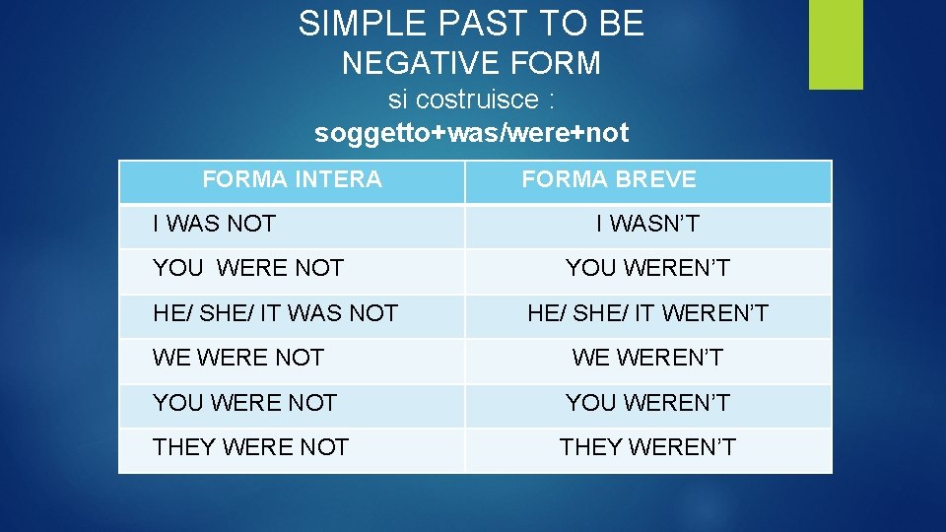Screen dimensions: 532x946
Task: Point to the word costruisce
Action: coord(477,100)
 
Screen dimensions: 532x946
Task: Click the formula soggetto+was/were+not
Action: coord(471,133)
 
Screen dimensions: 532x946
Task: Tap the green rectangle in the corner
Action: coord(836,43)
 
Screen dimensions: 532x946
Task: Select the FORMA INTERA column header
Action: coord(292,179)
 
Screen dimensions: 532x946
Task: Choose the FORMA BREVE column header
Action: coord(609,179)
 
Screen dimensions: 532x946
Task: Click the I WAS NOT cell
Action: coord(214,224)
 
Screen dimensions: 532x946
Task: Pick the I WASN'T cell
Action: coord(647,224)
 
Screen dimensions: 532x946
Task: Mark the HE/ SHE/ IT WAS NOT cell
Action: coord(275,313)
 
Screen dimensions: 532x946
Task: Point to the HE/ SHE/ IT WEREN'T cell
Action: coord(647,313)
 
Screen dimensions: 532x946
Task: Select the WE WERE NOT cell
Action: coord(238,358)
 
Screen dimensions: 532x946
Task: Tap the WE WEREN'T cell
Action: coord(647,358)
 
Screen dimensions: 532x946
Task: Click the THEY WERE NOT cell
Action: coord(250,447)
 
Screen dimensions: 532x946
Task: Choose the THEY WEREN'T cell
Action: coord(647,447)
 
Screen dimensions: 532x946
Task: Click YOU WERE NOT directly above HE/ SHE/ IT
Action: coord(248,268)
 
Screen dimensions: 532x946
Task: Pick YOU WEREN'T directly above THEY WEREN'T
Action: coord(647,403)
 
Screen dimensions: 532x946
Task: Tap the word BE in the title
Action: coord(623,23)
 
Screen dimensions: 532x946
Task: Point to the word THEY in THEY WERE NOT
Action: coord(184,447)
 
